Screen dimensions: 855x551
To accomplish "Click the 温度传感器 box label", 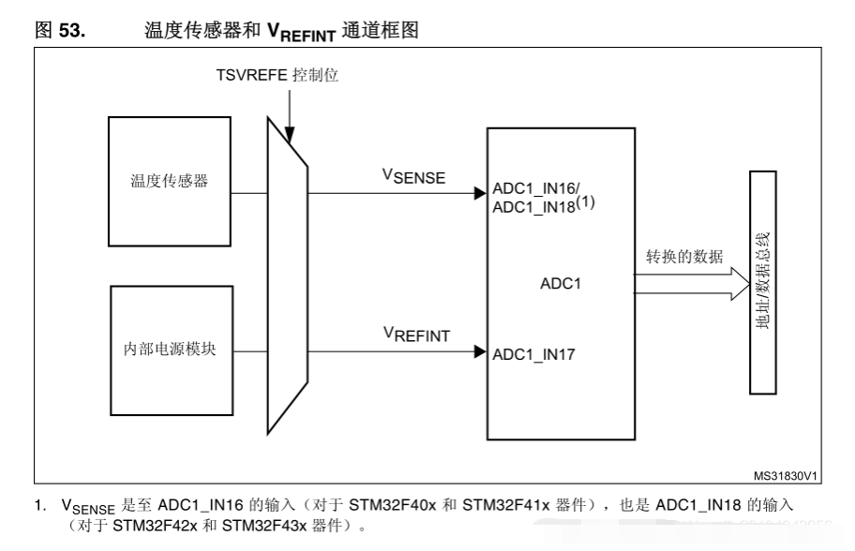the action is coord(169,181).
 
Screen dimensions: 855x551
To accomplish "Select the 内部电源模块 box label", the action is coord(170,349).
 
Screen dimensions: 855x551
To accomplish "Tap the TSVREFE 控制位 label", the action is coord(277,75).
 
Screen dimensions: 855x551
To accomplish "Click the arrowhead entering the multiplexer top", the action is coord(290,135).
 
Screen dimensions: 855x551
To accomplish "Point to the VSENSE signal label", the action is coord(413,176).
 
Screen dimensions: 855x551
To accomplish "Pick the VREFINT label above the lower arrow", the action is coord(416,335).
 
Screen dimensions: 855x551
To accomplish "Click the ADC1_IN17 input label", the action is coord(533,355).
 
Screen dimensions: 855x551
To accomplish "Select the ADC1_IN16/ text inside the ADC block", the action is coord(536,188).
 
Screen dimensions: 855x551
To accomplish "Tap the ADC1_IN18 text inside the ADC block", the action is coord(533,208).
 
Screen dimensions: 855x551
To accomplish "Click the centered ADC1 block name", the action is coord(561,283).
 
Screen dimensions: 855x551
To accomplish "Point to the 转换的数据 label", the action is coord(684,256).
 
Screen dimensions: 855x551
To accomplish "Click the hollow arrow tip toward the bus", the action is coord(750,283).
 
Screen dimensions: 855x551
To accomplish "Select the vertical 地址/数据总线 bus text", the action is coord(763,281).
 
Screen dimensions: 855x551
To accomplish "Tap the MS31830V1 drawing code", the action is coord(786,476).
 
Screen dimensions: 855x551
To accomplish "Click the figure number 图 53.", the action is coord(60,30).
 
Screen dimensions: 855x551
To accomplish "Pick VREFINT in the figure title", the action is coord(301,33).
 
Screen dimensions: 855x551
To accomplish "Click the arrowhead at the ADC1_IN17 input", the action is coord(480,351).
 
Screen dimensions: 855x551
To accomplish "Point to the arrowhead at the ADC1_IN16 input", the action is coord(480,193).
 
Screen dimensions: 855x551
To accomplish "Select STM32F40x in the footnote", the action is coord(393,505).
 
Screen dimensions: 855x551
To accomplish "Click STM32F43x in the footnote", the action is coord(264,526).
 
